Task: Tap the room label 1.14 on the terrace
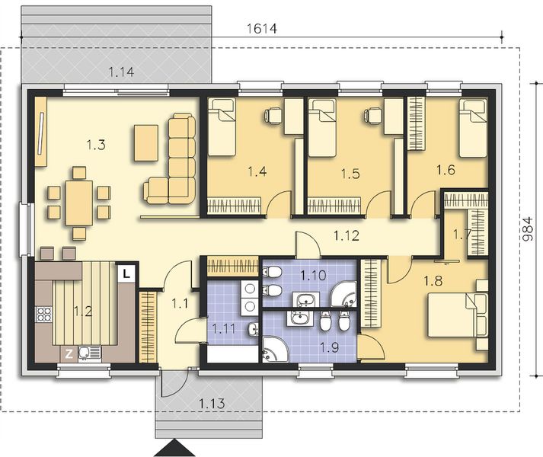click(122, 72)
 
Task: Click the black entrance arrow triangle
click(176, 448)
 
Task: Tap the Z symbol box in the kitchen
click(69, 352)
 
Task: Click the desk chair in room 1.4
click(272, 115)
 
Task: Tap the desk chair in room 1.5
click(372, 115)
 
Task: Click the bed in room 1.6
click(473, 127)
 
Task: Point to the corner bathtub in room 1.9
click(275, 349)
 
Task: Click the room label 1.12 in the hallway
click(346, 235)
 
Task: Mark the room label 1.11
click(224, 329)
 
